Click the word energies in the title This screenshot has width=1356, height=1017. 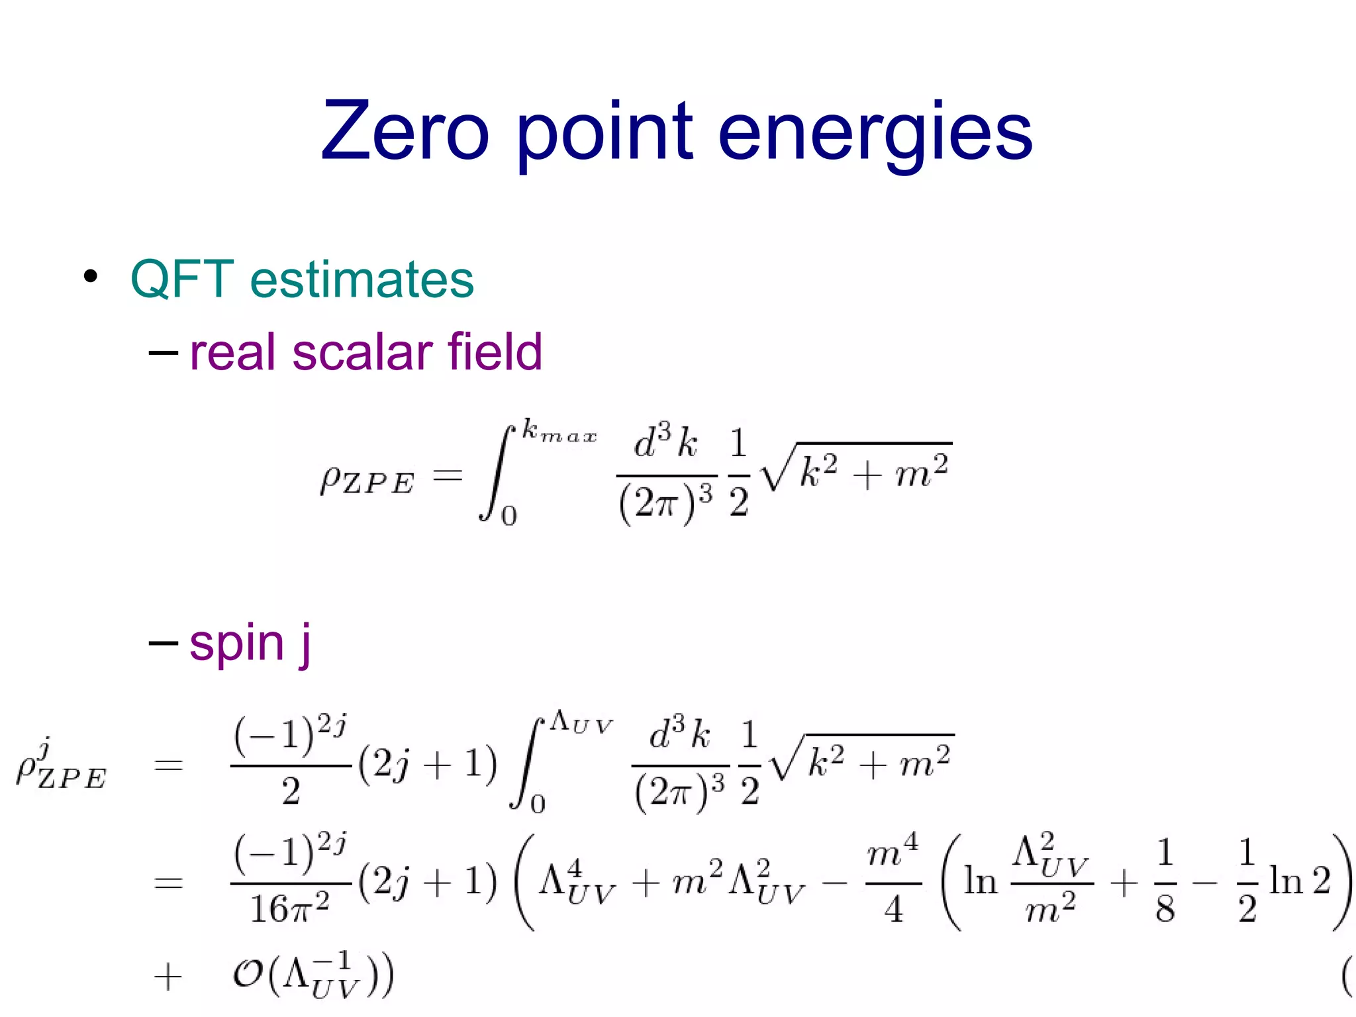pos(875,132)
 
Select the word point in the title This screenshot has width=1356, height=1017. pos(604,132)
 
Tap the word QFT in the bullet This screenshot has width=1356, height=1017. pos(182,279)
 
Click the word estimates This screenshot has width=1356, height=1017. pos(362,279)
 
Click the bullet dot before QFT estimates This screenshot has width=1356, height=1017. pos(91,277)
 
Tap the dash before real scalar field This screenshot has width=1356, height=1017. pos(163,352)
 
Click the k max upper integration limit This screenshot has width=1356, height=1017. pos(559,432)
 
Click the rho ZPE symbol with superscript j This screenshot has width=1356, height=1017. pos(61,768)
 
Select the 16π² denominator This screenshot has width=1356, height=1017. pos(289,909)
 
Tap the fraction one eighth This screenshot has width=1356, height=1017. pos(1165,881)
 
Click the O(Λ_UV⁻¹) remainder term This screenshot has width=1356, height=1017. pos(313,975)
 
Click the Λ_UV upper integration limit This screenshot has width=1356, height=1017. pos(581,723)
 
